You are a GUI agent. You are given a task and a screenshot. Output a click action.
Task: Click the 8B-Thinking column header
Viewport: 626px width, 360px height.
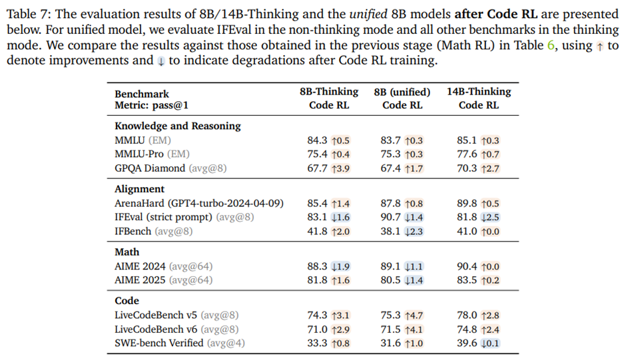coord(329,92)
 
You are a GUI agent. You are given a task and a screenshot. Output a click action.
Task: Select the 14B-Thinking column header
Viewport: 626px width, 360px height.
coord(479,92)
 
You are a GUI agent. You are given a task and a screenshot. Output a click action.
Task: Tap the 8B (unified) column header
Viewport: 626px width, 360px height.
coord(402,92)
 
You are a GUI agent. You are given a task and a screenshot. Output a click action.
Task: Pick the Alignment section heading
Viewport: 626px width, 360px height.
coord(140,189)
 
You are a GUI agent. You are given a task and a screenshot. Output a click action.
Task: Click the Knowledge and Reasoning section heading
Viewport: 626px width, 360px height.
coord(178,126)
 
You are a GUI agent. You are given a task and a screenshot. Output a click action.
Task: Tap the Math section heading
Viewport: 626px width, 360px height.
coord(127,252)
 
